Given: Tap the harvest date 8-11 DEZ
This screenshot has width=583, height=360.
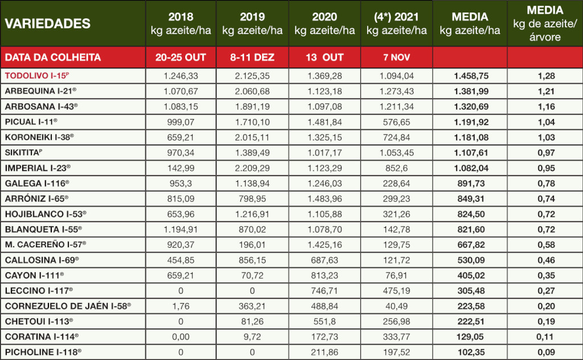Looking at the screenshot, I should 253,57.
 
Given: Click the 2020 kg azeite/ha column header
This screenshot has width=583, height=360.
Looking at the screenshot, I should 325,23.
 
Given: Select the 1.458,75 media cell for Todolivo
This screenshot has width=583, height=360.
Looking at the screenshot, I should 470,75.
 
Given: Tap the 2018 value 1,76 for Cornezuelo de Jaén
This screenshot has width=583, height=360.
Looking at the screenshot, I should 180,306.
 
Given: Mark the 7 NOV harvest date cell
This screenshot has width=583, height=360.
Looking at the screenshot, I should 397,58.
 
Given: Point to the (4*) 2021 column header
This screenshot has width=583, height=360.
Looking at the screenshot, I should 397,23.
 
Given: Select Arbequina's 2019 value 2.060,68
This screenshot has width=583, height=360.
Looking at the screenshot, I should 253,91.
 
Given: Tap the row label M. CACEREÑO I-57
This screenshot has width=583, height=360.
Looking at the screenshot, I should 43,244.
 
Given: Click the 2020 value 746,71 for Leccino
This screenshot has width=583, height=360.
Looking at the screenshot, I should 325,291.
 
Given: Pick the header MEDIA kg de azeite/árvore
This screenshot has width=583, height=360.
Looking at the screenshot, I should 544,23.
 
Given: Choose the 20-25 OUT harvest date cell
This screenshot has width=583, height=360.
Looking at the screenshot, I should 180,57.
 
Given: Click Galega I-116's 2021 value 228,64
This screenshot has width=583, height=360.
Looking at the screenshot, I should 397,183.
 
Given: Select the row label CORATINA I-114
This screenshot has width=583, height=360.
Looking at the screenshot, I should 42,337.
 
